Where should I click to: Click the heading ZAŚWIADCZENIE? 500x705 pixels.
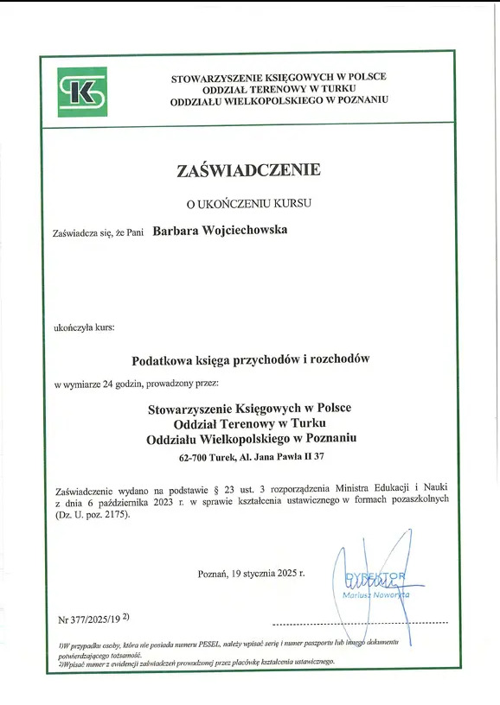coord(248,170)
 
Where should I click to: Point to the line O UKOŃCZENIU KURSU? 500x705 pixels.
coord(249,204)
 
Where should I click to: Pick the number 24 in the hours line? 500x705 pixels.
coord(108,382)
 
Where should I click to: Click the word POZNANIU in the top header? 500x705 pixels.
coord(356,101)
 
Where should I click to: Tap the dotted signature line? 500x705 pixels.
coord(359,623)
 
